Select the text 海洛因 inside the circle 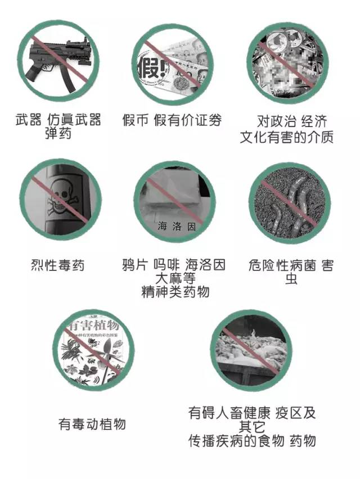(176, 227)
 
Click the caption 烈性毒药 (58, 264)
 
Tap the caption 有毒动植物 (92, 423)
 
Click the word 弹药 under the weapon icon (58, 134)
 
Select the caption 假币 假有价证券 (172, 120)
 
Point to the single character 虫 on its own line (291, 279)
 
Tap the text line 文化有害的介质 (286, 137)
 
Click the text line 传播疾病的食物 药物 (252, 441)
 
